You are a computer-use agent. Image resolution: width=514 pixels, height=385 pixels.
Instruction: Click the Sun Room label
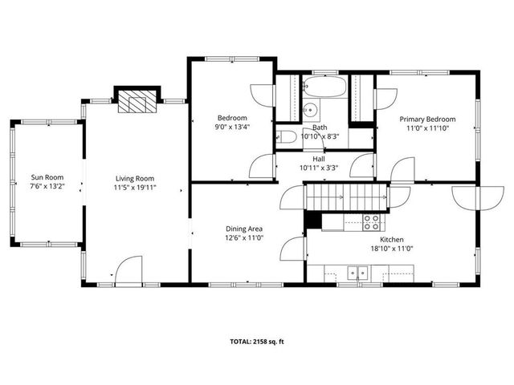tap(47, 177)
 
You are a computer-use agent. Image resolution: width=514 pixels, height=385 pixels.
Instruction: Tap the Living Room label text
tap(135, 178)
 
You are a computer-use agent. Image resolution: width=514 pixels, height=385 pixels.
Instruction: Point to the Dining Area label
tap(244, 229)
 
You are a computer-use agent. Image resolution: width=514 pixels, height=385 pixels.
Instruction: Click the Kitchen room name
tap(391, 239)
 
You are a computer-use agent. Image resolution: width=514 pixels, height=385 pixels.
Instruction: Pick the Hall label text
tap(319, 159)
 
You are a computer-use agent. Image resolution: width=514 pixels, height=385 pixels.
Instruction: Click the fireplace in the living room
tap(134, 102)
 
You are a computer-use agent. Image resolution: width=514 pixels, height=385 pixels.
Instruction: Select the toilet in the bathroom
tap(287, 137)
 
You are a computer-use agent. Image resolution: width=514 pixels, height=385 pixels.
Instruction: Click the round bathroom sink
tap(311, 111)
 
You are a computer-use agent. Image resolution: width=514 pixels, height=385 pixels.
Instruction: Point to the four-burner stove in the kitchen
tap(371, 221)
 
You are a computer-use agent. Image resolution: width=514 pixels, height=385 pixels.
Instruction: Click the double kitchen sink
tap(355, 273)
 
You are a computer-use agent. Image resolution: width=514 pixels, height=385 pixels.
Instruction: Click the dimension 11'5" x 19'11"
tap(135, 188)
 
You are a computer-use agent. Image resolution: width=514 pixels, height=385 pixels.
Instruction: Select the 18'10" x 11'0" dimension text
tap(391, 249)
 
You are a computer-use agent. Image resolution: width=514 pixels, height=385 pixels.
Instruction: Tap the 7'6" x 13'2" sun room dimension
tap(47, 187)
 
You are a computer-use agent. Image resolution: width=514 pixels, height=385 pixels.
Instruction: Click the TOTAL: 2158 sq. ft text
tap(256, 341)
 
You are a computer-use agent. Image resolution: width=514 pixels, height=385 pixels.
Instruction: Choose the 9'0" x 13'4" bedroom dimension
tap(231, 126)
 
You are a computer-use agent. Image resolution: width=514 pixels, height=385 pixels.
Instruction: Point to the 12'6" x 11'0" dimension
tap(244, 238)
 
